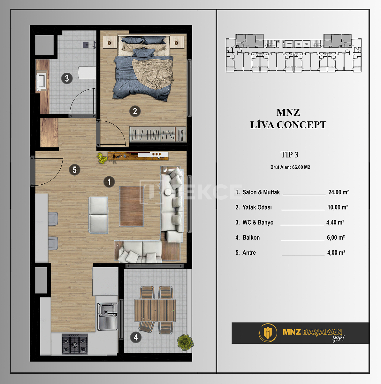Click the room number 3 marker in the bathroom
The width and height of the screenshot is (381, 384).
click(67, 78)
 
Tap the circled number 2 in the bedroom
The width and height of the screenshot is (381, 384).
click(135, 111)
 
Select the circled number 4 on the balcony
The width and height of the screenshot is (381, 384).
click(136, 337)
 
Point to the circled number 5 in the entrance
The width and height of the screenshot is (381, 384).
click(74, 170)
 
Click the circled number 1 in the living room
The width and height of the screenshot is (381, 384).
click(109, 182)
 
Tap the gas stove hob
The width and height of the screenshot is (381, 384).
click(74, 344)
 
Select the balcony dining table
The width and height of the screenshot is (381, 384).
click(155, 310)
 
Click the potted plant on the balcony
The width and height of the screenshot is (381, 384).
click(185, 342)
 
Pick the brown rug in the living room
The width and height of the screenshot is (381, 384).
click(131, 206)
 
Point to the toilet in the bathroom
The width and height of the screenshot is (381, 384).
click(87, 73)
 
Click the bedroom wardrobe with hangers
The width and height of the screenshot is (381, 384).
click(157, 134)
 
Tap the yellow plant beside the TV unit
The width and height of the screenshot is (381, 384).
click(102, 158)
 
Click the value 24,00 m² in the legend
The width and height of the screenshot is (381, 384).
click(339, 192)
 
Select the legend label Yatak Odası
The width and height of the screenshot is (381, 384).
click(257, 207)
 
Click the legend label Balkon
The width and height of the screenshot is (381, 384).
click(251, 237)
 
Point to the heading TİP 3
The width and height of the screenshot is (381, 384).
click(289, 155)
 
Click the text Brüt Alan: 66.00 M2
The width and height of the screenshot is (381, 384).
click(290, 167)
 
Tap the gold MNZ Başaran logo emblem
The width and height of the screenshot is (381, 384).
click(267, 332)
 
